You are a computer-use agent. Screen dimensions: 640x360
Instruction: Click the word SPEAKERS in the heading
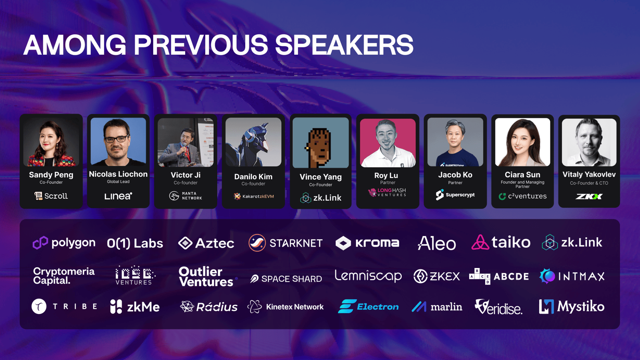(x=344, y=44)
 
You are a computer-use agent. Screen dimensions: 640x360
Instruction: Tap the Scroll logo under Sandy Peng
(x=51, y=196)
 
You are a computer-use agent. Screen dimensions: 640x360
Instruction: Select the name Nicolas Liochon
(x=118, y=174)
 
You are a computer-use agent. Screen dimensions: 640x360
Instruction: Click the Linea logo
(x=118, y=196)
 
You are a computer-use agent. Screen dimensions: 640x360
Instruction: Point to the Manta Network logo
(x=186, y=196)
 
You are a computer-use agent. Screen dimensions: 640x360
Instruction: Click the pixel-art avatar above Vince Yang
(x=320, y=142)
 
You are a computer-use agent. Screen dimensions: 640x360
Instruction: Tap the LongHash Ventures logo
(x=388, y=192)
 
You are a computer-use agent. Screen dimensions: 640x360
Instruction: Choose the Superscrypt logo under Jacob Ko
(x=455, y=194)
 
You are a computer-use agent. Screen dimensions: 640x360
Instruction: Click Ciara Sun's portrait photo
(x=522, y=142)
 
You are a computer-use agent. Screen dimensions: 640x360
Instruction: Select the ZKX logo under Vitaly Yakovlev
(x=589, y=196)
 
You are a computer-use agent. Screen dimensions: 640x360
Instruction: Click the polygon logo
(x=64, y=243)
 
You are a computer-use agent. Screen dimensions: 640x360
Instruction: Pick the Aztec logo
(x=206, y=243)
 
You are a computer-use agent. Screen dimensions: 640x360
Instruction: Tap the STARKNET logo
(x=286, y=243)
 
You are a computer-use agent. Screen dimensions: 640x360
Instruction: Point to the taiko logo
(x=501, y=242)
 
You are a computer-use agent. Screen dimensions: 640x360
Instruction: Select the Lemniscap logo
(x=368, y=276)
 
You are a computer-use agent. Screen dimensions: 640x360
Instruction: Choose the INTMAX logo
(x=572, y=276)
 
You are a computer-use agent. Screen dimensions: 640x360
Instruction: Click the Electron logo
(x=368, y=306)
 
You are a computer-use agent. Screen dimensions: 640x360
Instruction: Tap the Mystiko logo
(x=572, y=306)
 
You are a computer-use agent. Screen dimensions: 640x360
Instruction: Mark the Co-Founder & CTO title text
(x=589, y=183)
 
